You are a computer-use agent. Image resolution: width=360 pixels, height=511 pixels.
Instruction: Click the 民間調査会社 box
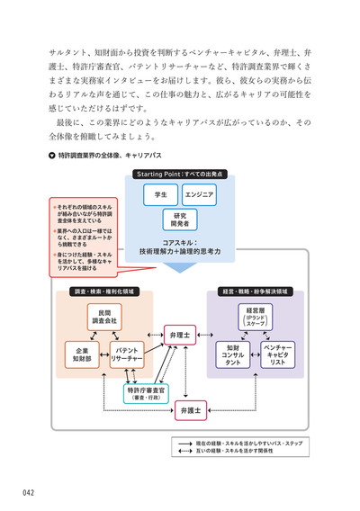101,316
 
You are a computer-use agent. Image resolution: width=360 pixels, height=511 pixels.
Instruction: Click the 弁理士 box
180,336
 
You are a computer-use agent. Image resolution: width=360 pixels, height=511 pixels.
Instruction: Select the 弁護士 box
191,410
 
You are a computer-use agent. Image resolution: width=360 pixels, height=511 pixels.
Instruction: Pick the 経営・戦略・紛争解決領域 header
255,292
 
